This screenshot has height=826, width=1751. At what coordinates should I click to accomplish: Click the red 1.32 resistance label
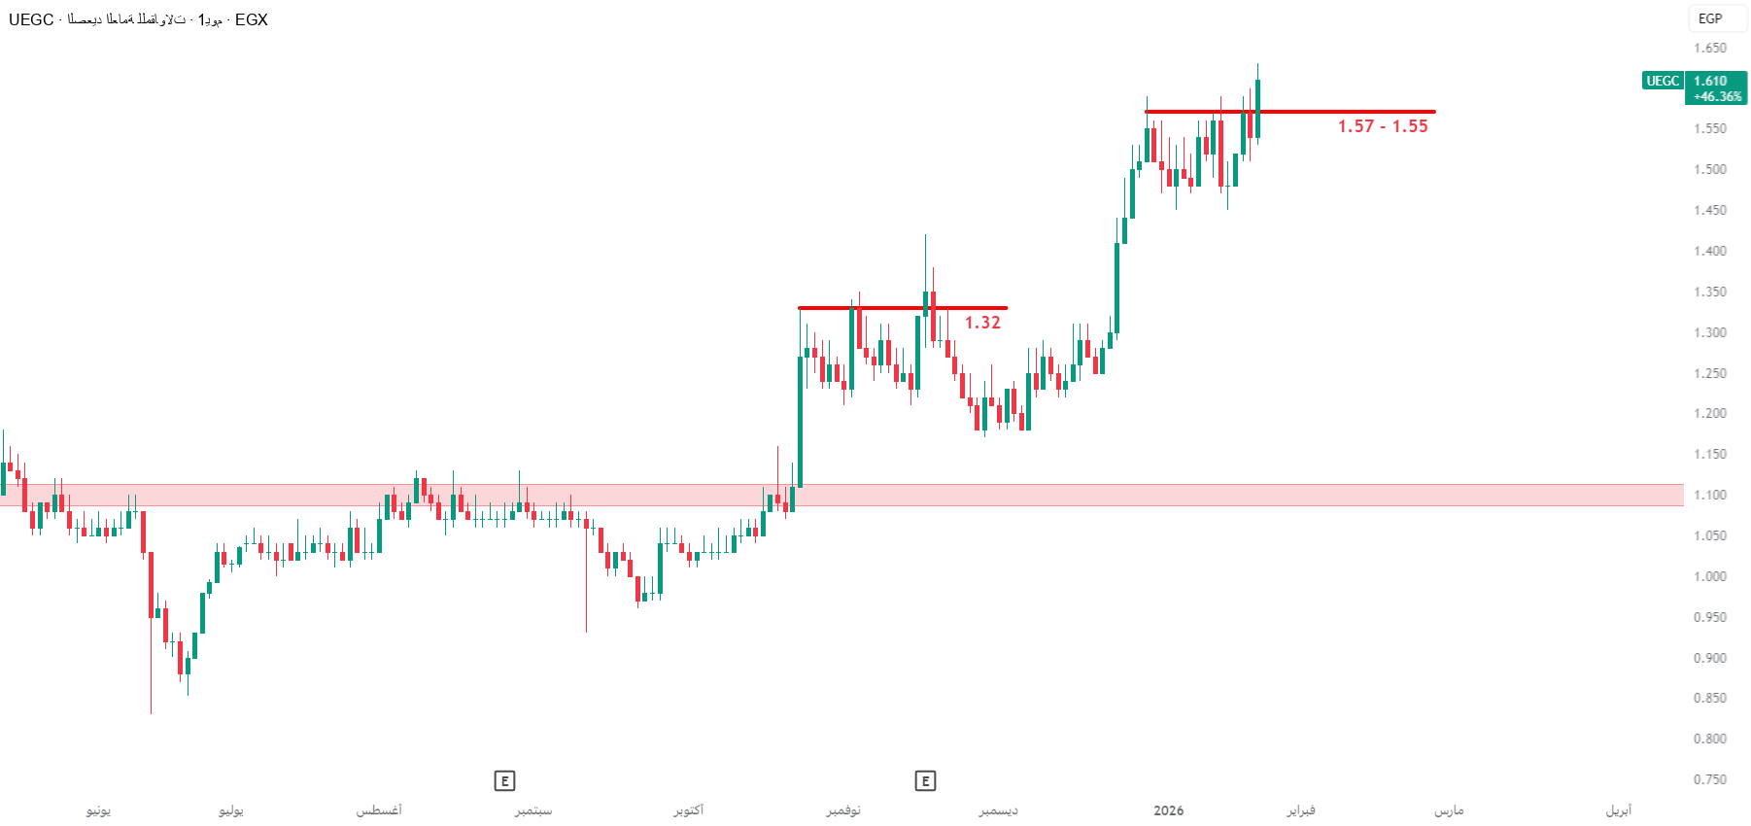[x=982, y=323]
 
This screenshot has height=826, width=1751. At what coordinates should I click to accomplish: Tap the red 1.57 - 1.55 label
[x=1382, y=126]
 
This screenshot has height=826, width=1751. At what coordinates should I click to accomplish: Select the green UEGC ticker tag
[x=1662, y=81]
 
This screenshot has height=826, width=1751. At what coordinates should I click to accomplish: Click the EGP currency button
[x=1710, y=18]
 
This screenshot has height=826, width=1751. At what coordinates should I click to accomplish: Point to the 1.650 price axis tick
[x=1710, y=48]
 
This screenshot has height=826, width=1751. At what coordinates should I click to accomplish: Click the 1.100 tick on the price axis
[x=1710, y=495]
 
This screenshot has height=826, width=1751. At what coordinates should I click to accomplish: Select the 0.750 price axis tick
[x=1710, y=779]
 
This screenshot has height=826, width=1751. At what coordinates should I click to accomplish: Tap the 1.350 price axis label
[x=1710, y=292]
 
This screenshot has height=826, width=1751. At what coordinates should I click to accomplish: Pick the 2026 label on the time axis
[x=1168, y=810]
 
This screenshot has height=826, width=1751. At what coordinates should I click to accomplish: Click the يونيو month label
[x=98, y=810]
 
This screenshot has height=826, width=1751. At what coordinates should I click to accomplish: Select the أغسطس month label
[x=379, y=810]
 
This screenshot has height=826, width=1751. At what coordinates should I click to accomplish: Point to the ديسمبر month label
[x=999, y=810]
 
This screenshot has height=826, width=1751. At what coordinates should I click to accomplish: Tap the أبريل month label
[x=1619, y=810]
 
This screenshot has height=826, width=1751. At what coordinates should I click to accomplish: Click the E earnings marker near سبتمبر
[x=504, y=780]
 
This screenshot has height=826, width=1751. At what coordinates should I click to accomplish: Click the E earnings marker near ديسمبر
[x=925, y=780]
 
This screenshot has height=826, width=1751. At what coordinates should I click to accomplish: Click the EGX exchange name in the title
[x=251, y=19]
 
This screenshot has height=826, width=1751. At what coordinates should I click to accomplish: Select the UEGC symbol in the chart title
[x=31, y=19]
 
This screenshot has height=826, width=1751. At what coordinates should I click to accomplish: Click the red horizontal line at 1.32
[x=875, y=308]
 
